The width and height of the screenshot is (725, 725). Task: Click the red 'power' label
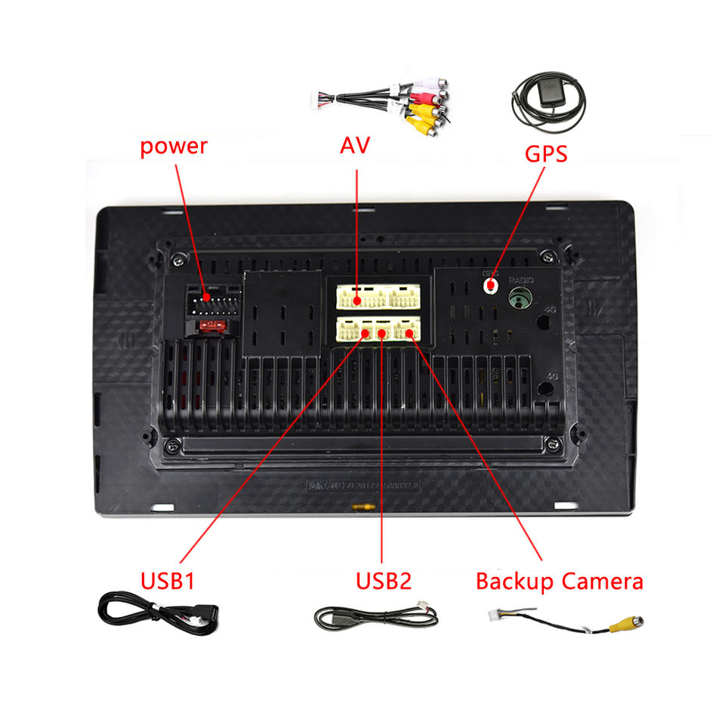(173, 145)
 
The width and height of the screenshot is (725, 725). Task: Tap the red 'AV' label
(354, 145)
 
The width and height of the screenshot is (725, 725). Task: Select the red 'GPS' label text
(546, 154)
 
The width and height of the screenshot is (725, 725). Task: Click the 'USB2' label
(384, 581)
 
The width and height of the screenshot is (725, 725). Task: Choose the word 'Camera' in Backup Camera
(602, 581)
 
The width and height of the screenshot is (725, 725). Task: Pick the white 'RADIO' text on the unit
(521, 279)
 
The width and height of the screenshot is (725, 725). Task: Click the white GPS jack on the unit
(491, 285)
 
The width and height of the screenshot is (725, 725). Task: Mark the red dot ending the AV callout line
(356, 300)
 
